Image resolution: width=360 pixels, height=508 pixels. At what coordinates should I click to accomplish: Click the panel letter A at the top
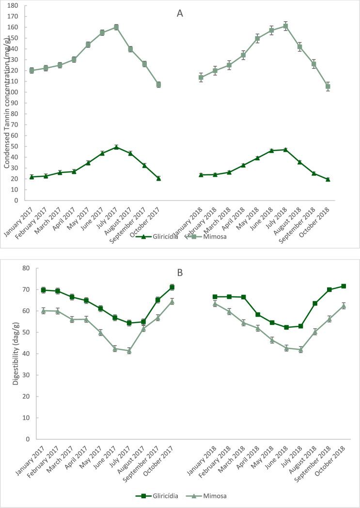180,14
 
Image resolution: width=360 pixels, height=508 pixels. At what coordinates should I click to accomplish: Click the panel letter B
180,273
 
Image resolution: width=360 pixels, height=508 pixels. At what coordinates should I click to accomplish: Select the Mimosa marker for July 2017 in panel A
116,27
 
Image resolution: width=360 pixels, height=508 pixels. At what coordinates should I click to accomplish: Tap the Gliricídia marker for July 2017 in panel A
116,147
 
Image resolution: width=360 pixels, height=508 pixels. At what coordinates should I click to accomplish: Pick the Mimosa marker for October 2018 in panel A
328,86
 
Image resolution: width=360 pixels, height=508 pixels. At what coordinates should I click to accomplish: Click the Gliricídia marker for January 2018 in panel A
201,174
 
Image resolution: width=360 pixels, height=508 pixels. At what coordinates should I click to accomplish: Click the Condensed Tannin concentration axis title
7,103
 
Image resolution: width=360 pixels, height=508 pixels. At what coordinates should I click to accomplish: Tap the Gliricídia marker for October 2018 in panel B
344,286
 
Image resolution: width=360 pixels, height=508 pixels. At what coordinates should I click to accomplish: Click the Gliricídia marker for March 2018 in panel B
243,297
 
